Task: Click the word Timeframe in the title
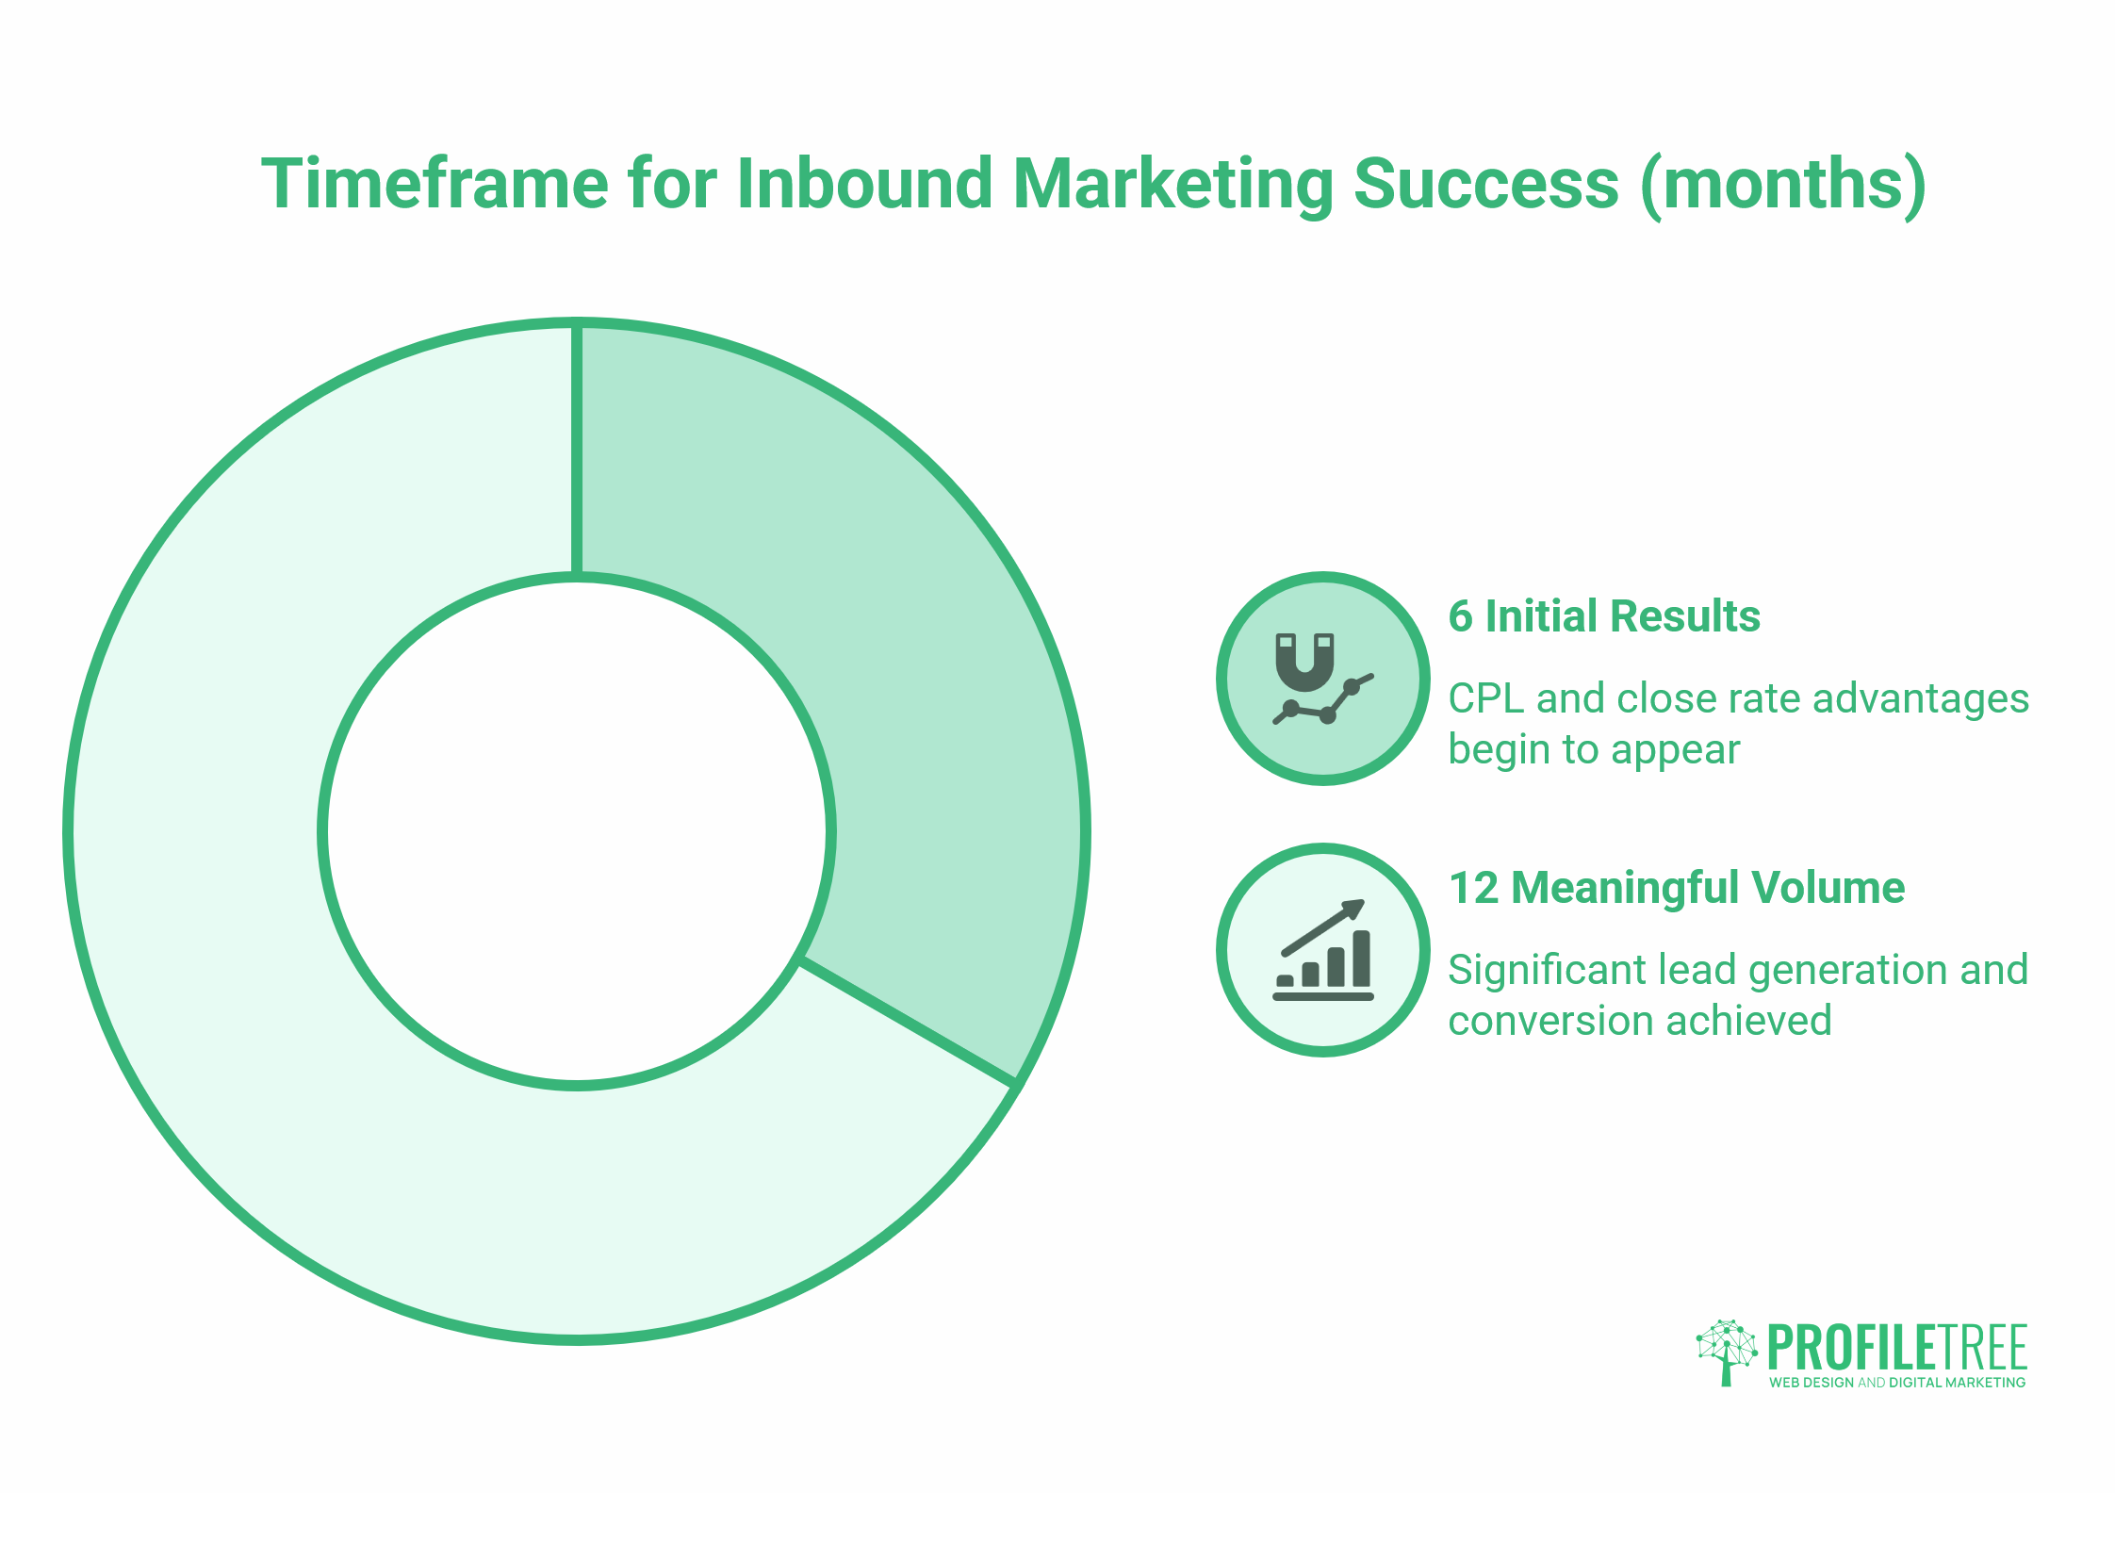coord(434,184)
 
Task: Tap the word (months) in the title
coord(1782,184)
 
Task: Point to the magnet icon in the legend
coord(1305,662)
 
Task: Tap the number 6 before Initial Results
coord(1460,616)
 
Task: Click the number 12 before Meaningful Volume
coord(1473,888)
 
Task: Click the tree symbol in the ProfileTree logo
coord(1726,1351)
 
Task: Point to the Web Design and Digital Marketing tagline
coord(1896,1383)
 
